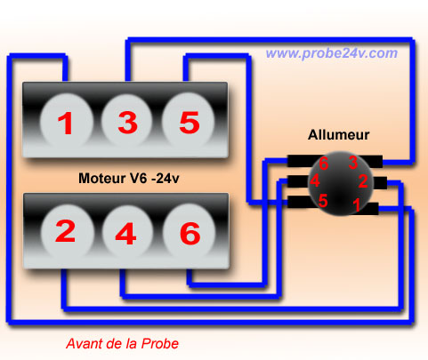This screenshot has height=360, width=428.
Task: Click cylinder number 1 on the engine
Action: click(67, 122)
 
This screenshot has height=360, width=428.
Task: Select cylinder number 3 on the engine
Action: click(127, 121)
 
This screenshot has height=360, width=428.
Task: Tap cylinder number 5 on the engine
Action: click(189, 121)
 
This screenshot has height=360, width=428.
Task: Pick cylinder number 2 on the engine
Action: click(67, 231)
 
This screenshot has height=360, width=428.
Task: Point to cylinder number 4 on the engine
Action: click(127, 232)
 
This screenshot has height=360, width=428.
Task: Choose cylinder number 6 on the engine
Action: click(190, 232)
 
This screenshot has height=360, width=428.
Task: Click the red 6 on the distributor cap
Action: click(323, 164)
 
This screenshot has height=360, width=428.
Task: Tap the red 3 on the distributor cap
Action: click(352, 163)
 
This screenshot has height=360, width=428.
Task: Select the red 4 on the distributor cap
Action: click(315, 180)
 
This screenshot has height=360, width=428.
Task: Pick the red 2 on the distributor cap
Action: click(363, 181)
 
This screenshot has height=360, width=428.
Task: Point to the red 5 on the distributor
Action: click(323, 200)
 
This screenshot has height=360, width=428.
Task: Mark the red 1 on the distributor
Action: click(357, 205)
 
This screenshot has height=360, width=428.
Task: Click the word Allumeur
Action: click(338, 135)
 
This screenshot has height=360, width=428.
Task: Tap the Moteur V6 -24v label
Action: click(129, 178)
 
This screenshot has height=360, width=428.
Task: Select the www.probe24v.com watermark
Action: click(332, 53)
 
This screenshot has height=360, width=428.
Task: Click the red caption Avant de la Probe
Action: click(122, 343)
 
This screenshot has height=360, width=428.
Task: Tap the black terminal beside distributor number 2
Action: click(380, 183)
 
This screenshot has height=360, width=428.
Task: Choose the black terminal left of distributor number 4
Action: click(298, 181)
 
